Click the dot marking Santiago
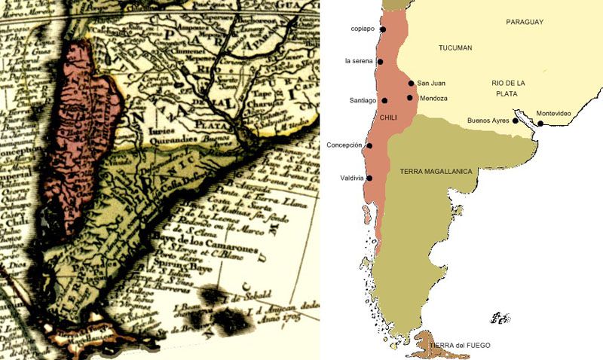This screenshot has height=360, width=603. tap(384, 100)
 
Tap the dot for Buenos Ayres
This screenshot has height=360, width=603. tap(516, 121)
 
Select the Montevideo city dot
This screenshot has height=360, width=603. tap(540, 124)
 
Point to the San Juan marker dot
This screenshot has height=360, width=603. tap(411, 83)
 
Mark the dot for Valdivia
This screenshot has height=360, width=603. tap(369, 178)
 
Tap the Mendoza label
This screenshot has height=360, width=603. tap(434, 99)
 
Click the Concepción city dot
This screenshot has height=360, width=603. tap(369, 145)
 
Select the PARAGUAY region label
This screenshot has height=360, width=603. tap(525, 23)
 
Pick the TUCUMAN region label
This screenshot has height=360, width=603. tap(455, 48)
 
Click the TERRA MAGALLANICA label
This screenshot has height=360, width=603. tap(436, 172)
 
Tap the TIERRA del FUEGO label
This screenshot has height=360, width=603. tap(460, 346)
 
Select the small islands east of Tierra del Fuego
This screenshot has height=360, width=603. tap(500, 318)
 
